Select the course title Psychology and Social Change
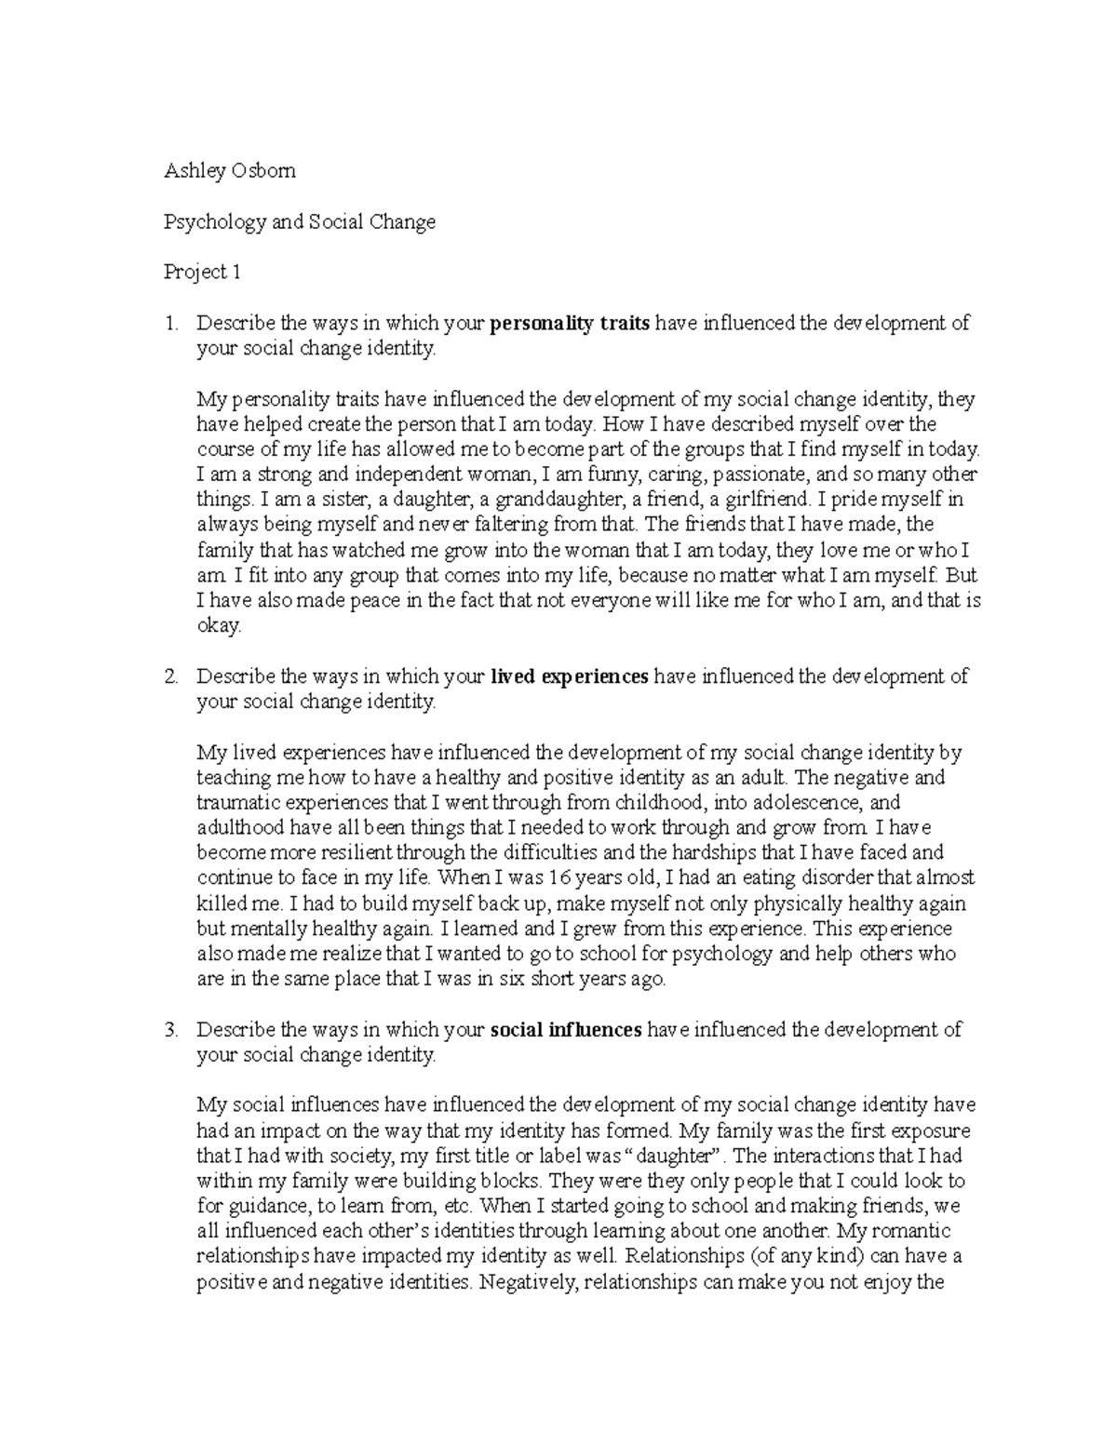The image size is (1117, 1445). point(299,221)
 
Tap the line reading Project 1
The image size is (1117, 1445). point(202,272)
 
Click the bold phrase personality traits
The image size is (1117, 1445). point(570,323)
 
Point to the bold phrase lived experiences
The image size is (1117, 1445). point(569,676)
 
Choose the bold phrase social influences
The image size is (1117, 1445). point(565,1030)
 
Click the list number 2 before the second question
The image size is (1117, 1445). point(169,676)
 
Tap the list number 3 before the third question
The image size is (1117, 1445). point(169,1030)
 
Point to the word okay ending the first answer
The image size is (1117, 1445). point(219,626)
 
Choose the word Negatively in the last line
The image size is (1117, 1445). point(527,1282)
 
